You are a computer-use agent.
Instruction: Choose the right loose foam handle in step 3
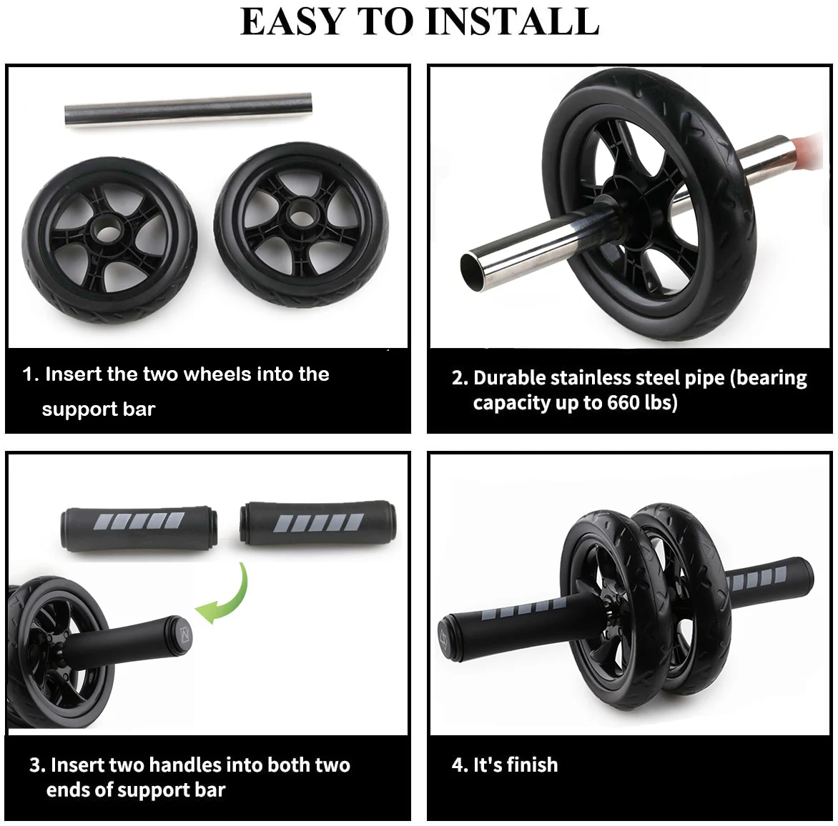pos(317,524)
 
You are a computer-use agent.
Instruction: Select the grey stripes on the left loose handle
pos(138,522)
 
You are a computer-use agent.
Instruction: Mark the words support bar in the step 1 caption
pos(98,409)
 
